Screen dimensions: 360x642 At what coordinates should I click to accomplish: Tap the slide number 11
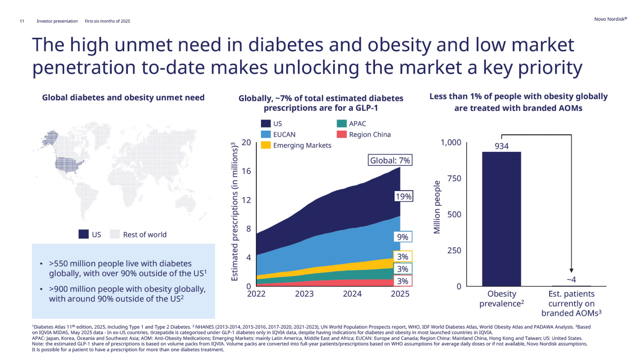point(22,21)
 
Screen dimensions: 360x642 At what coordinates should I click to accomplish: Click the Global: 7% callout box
point(390,160)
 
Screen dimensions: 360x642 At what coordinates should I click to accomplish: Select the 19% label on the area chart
point(403,197)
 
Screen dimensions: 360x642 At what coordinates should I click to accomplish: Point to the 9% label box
point(403,237)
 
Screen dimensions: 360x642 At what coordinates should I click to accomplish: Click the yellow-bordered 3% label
point(403,257)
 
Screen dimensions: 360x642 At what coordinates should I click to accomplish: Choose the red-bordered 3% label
point(403,281)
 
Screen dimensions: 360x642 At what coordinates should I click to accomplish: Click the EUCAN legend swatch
point(266,134)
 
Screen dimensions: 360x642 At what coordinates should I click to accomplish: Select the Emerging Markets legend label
point(303,145)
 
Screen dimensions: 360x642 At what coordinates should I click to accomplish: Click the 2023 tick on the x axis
point(304,294)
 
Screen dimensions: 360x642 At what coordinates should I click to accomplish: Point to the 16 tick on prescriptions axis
point(246,171)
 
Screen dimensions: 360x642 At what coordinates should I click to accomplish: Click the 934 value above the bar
point(502,146)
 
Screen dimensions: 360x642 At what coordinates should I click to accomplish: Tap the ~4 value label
point(571,279)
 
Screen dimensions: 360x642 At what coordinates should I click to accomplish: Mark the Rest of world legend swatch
point(115,234)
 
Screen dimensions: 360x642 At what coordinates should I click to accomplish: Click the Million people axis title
point(437,207)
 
